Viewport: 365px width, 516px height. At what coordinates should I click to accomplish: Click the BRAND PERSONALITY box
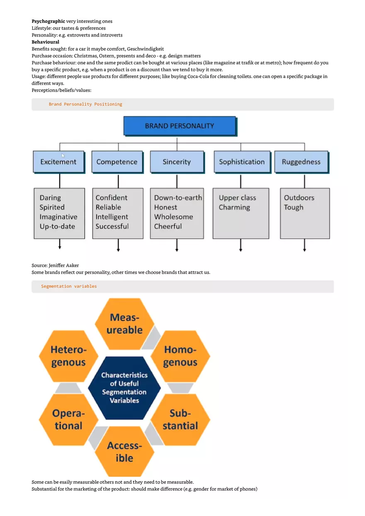coord(179,126)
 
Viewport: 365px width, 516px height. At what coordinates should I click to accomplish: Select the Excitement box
coord(58,162)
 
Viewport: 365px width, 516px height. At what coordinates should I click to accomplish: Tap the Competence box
coord(117,162)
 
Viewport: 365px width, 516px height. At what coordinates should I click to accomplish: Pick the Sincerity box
coord(177,162)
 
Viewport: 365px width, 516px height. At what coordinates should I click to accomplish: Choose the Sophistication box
coord(241,162)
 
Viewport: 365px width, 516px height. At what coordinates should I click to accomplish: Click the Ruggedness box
coord(301,162)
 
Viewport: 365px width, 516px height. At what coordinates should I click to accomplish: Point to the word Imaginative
coord(58,217)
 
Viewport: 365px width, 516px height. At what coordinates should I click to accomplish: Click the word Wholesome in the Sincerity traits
coord(173,217)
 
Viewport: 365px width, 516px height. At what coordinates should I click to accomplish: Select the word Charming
coord(234,207)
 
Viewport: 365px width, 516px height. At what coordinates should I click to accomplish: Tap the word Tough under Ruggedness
coord(294,207)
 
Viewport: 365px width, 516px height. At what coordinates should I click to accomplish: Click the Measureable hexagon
coord(124,324)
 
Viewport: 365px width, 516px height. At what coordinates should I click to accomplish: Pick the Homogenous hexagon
coord(180,356)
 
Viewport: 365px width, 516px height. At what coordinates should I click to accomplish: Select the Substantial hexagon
coord(180,419)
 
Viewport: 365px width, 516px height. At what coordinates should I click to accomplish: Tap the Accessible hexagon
coord(124,452)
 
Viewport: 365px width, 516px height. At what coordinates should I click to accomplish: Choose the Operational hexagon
coord(68,419)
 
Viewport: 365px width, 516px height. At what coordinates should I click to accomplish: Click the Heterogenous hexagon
coord(68,356)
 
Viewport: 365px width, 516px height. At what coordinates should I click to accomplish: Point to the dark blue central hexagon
coord(124,388)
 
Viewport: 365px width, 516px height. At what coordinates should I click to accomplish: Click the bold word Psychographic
coord(48,21)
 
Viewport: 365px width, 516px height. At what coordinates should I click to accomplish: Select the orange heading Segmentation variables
coord(69,286)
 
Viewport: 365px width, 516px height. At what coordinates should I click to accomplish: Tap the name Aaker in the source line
coord(72,265)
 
